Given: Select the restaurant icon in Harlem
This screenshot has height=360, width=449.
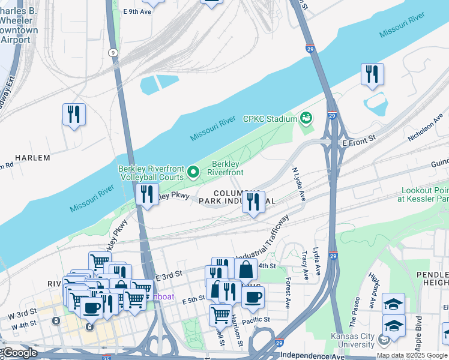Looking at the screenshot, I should point(74,114).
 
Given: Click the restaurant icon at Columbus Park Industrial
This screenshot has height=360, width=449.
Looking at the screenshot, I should point(254,202).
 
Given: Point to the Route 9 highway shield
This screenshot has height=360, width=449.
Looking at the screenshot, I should point(112,53).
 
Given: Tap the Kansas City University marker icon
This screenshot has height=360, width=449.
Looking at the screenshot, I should point(384,340).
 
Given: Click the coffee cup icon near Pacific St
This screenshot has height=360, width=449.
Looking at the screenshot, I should point(253,296).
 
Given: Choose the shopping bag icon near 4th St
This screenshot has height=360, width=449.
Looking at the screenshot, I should point(246,269).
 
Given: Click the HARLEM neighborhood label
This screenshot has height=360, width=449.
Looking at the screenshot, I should point(32,158).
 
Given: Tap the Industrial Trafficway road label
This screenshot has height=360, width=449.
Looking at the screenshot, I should point(262,237).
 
